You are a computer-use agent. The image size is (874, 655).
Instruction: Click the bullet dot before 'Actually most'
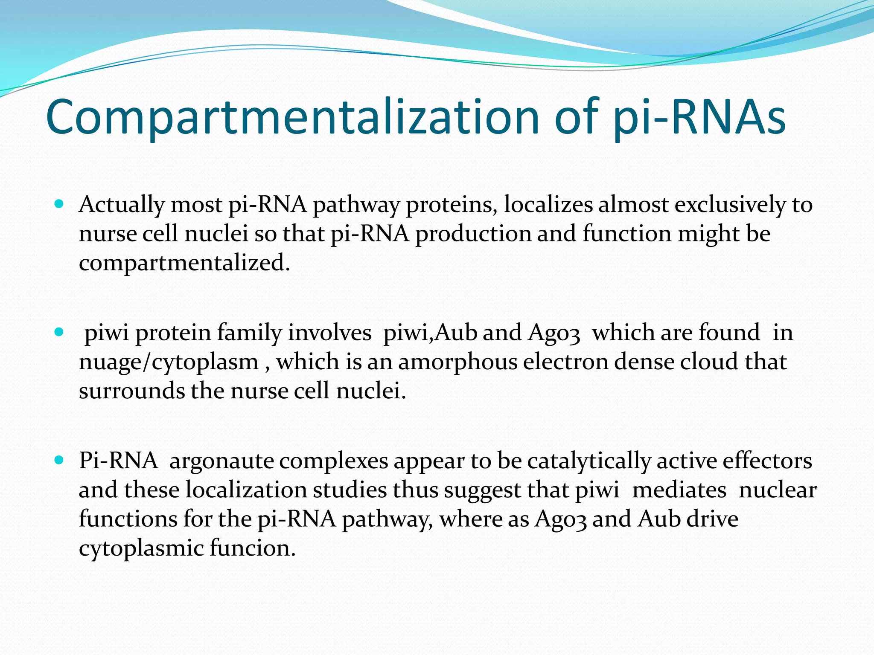tap(59, 204)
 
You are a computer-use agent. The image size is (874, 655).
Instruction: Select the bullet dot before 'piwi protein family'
tap(59, 332)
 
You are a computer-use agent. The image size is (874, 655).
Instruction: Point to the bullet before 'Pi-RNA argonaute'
tap(59, 461)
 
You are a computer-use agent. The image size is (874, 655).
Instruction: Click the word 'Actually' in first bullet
tap(121, 205)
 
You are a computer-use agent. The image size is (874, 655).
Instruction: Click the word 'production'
tap(473, 234)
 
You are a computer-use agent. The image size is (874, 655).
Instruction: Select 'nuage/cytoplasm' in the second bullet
tap(169, 362)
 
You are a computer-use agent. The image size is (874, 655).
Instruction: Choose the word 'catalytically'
tap(589, 461)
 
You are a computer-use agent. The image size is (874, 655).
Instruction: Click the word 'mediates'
tap(679, 490)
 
